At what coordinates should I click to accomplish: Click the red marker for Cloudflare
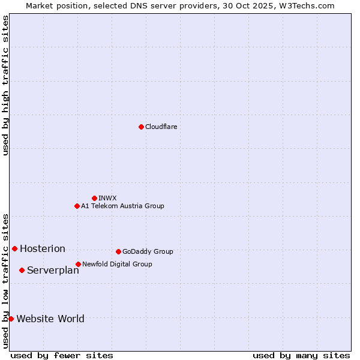pyautogui.click(x=141, y=127)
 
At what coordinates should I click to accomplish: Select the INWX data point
pyautogui.click(x=94, y=198)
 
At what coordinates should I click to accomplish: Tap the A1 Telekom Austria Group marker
pyautogui.click(x=77, y=206)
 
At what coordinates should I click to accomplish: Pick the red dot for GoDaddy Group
pyautogui.click(x=118, y=251)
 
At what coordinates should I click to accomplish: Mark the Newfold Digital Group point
pyautogui.click(x=78, y=264)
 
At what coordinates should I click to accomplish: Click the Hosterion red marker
pyautogui.click(x=14, y=248)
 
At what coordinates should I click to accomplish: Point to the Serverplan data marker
pyautogui.click(x=22, y=270)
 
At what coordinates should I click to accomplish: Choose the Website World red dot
pyautogui.click(x=11, y=319)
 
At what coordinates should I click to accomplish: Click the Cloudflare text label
pyautogui.click(x=161, y=127)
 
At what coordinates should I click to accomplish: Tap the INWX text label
pyautogui.click(x=107, y=198)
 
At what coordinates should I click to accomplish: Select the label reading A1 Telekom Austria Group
pyautogui.click(x=122, y=206)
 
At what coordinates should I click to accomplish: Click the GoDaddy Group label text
pyautogui.click(x=148, y=251)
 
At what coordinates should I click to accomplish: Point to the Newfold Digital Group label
pyautogui.click(x=117, y=264)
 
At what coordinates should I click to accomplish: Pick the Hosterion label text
pyautogui.click(x=43, y=248)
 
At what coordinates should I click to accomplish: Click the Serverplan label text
pyautogui.click(x=53, y=270)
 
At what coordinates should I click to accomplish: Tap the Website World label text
pyautogui.click(x=50, y=319)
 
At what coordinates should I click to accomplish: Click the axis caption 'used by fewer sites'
pyautogui.click(x=62, y=355)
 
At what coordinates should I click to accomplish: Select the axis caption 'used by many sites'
pyautogui.click(x=301, y=355)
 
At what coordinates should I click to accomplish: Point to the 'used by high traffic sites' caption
pyautogui.click(x=6, y=85)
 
